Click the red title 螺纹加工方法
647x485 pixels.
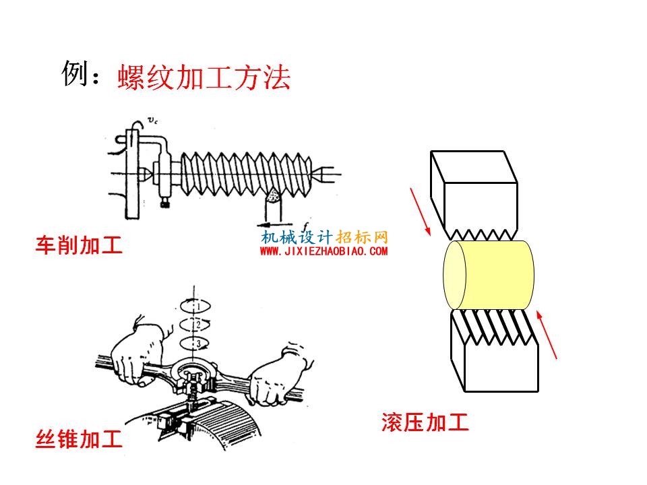point(204,77)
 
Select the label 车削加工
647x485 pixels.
point(80,245)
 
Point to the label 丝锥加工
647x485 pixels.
point(80,439)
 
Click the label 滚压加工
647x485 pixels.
point(425,422)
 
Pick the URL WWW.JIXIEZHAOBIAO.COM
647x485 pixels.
point(324,251)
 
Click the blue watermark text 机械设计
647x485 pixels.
point(297,237)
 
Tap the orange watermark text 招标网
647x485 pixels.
point(362,237)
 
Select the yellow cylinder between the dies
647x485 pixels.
point(489,275)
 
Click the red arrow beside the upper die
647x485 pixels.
point(420,212)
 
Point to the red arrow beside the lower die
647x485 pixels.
point(547,335)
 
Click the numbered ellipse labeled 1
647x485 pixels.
point(195,306)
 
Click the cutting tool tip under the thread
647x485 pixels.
point(274,196)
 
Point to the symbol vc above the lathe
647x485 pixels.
point(152,121)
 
